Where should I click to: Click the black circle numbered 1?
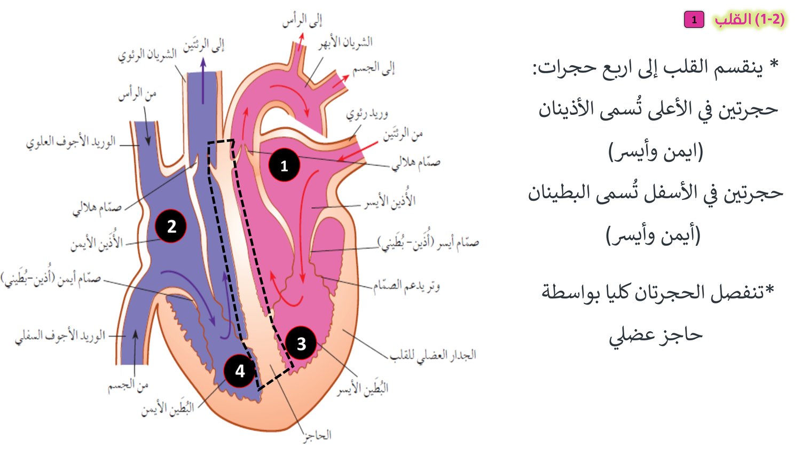click(284, 165)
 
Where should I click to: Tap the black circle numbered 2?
click(171, 226)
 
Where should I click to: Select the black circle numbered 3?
click(301, 343)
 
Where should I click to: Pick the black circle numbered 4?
click(240, 371)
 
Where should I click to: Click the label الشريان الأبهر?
click(345, 43)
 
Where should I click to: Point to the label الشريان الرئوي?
click(147, 54)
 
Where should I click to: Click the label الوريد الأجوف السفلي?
click(60, 337)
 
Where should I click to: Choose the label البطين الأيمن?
click(168, 408)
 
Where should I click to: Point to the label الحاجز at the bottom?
click(317, 436)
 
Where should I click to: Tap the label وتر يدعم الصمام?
click(406, 286)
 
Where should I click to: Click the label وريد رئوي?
click(367, 114)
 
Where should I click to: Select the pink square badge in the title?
click(694, 20)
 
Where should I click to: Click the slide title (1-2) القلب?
click(750, 20)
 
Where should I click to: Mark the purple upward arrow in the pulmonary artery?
click(203, 81)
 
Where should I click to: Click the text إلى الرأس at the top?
click(302, 21)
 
